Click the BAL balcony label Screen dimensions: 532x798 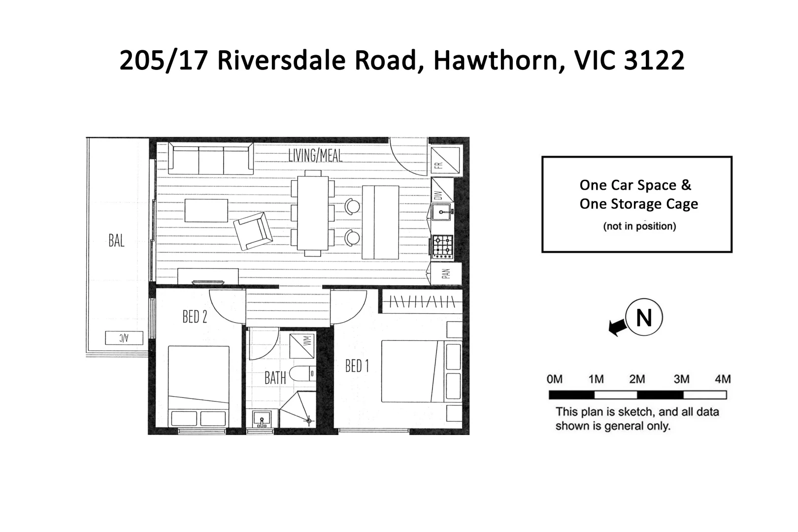(x=116, y=241)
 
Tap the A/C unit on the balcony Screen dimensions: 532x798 (x=124, y=338)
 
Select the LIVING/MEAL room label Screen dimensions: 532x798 (x=315, y=155)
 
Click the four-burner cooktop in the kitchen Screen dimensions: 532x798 (x=442, y=246)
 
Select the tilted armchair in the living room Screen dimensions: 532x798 (x=253, y=231)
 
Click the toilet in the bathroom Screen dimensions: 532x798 (x=302, y=374)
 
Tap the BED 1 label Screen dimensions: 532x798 (x=357, y=366)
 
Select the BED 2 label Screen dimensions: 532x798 (x=195, y=316)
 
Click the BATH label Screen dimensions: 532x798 (x=275, y=378)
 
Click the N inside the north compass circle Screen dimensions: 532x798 (x=644, y=318)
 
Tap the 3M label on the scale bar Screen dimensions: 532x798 (x=681, y=379)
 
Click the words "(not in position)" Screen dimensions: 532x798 (x=639, y=226)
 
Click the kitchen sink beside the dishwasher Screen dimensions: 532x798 (x=442, y=213)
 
